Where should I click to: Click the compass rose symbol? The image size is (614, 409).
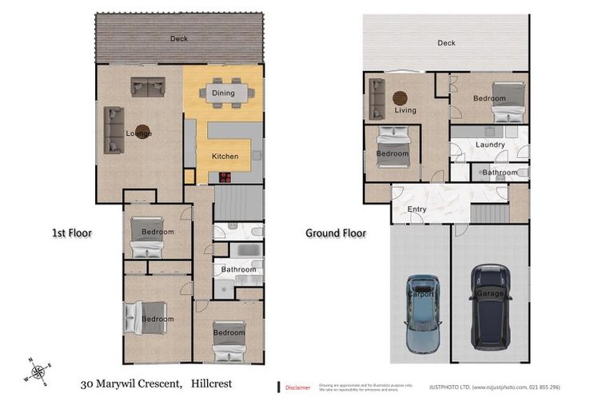pos(38,371)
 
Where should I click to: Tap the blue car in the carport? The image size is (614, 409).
pos(422,315)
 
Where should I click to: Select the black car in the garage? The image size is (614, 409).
pos(490,308)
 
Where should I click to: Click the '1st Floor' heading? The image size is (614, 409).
pos(72,233)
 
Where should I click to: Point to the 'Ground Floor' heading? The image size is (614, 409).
pos(336,233)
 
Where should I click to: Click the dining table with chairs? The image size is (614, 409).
pos(224,93)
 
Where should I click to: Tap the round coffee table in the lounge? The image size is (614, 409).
pos(142,132)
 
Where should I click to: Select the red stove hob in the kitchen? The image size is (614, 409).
pos(225,177)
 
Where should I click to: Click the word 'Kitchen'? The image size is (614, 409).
pos(225,157)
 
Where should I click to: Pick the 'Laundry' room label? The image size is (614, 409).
pos(488,145)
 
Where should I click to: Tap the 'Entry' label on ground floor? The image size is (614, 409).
pos(417,209)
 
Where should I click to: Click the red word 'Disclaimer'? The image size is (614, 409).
pos(297,387)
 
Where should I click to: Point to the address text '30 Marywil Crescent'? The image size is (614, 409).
pos(131,384)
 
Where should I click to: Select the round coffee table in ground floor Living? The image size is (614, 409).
pos(400,97)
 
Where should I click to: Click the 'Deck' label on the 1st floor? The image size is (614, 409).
pos(179,38)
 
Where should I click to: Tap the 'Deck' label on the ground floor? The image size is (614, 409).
pos(445,42)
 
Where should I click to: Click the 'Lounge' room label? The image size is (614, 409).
pos(138,133)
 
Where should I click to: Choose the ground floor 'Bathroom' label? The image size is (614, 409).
pos(500,172)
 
